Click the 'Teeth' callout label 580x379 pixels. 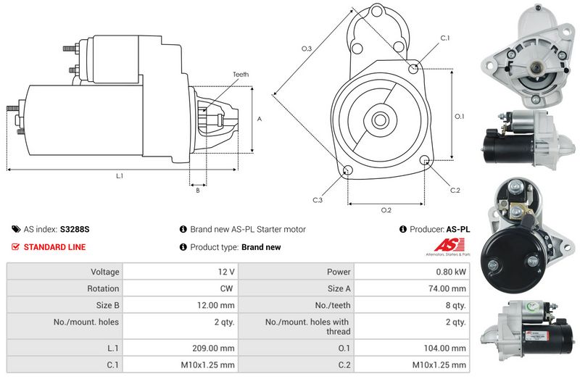click(241, 75)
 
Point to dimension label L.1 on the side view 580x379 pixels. click(120, 176)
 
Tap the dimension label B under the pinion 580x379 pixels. click(198, 191)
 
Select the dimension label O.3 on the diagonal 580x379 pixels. click(307, 49)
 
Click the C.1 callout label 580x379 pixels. click(445, 38)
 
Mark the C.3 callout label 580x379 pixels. click(318, 200)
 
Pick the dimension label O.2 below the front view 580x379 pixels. click(386, 210)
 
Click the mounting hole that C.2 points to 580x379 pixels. click(425, 159)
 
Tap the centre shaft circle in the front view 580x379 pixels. click(379, 120)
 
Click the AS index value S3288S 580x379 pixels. click(75, 229)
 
